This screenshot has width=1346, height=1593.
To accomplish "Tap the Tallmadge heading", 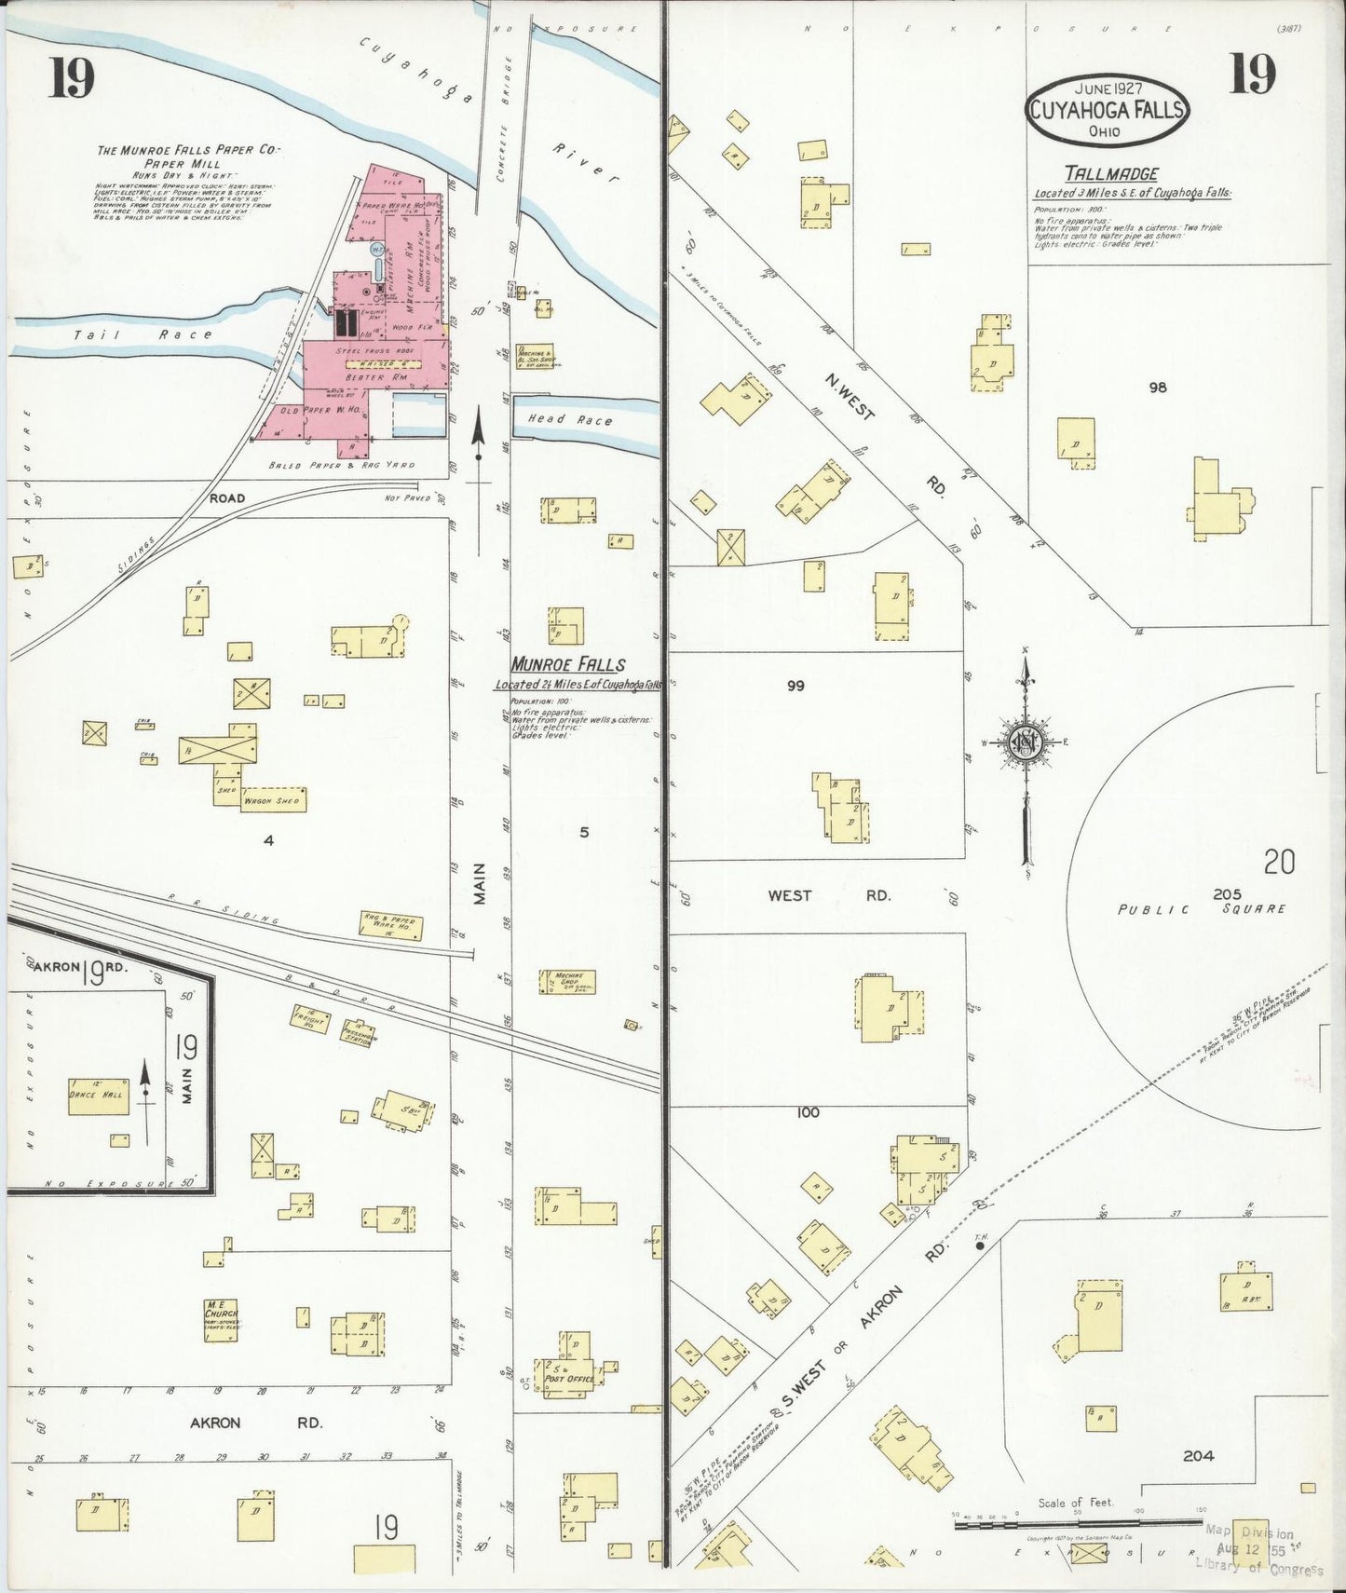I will pos(1112,174).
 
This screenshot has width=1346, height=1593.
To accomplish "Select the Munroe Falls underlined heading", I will pos(567,665).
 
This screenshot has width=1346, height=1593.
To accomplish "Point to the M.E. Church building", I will pos(222,1320).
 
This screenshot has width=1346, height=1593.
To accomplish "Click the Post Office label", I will pos(569,1379).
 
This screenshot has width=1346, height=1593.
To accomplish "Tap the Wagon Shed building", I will pos(271,800).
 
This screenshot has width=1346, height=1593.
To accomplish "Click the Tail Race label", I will pos(144,334).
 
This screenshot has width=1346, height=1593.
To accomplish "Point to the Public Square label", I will pos(1202,908).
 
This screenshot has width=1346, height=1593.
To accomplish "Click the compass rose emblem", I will pos(1025,742).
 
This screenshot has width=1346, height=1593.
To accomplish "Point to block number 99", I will pos(795,686).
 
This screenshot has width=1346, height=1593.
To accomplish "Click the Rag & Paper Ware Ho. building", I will pos(391,926).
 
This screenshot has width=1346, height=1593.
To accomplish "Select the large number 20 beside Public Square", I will pos(1278,863).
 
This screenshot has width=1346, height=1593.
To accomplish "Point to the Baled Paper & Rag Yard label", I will pos(341,465).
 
